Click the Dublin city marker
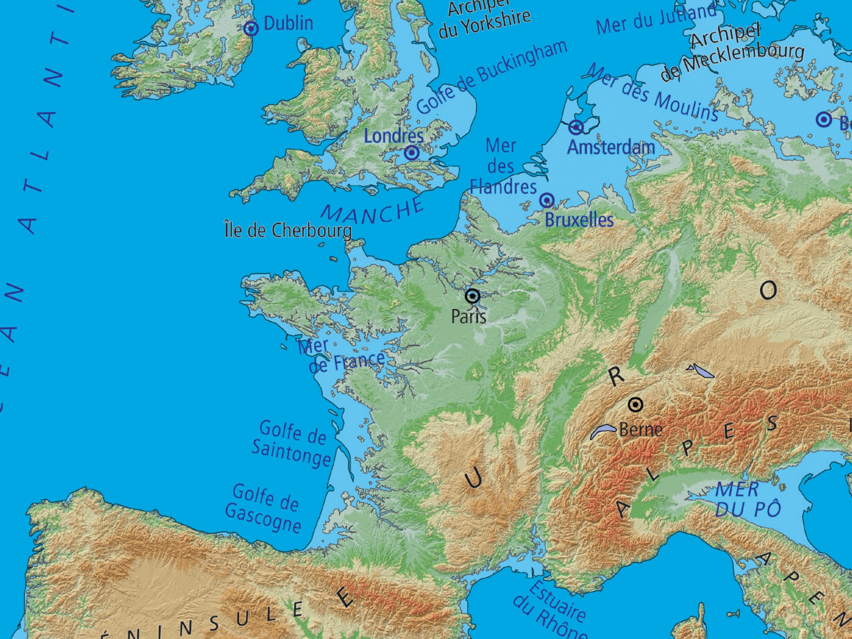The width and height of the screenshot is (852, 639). (x=251, y=29)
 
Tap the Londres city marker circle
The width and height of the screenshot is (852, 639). (x=411, y=153)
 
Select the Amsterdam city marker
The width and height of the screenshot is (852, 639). (x=576, y=127)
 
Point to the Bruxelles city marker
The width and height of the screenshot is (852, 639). (x=546, y=200)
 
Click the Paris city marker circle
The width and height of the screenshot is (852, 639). (x=472, y=296)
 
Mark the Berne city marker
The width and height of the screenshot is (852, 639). (x=635, y=405)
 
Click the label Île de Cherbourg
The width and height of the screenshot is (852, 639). (x=288, y=231)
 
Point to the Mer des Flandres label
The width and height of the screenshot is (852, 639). (x=503, y=167)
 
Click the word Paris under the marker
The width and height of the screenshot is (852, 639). (x=468, y=317)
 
